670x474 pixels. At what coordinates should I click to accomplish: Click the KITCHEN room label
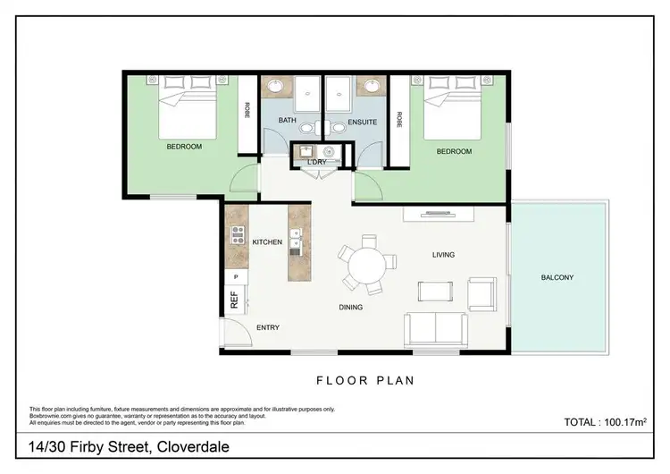267,242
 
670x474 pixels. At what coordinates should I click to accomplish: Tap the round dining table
365,265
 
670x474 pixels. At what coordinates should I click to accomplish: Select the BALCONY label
557,277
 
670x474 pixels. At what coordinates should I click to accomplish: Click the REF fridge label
235,302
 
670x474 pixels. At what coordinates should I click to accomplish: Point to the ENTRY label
268,327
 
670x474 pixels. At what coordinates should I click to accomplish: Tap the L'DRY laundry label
316,161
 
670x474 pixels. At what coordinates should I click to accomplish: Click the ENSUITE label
362,121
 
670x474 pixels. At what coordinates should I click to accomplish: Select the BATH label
287,120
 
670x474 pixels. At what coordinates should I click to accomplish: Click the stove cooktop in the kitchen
238,235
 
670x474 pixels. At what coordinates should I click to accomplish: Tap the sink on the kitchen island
296,241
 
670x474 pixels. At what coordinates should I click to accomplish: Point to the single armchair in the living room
482,292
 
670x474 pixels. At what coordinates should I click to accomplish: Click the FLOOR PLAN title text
365,380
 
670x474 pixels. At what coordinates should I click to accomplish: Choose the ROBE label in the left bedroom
247,110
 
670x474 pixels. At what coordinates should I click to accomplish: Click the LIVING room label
443,255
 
